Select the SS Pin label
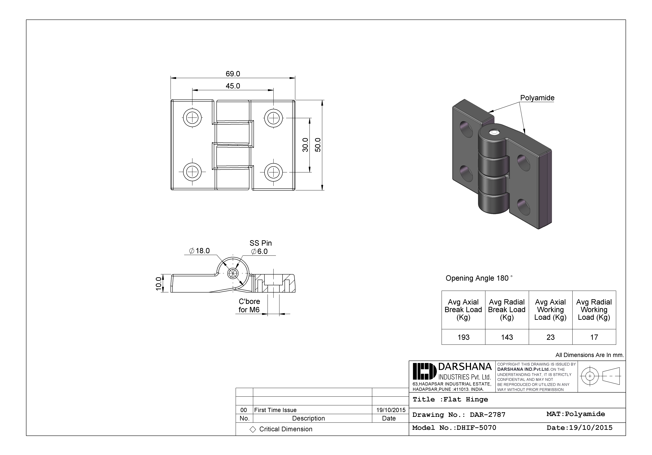coord(260,243)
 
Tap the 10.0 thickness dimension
coord(159,284)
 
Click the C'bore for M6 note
coord(249,305)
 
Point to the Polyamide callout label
coord(537,98)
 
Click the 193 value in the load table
coord(463,337)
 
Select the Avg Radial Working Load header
coord(594,310)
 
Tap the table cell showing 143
coord(507,337)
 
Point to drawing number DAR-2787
coord(487,415)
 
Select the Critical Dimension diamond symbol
coord(253,429)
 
